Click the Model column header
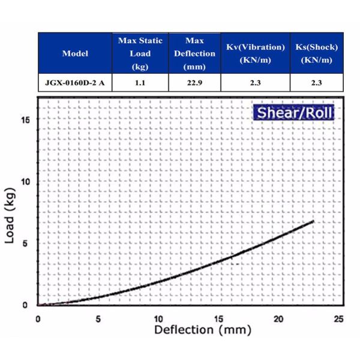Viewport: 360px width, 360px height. [75, 53]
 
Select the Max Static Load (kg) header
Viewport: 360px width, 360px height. [140, 53]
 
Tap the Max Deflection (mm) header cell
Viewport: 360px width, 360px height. [194, 53]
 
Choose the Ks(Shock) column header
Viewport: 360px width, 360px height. [317, 53]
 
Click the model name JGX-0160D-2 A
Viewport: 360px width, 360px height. [75, 83]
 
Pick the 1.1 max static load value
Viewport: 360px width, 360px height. [140, 83]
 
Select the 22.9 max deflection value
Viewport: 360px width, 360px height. [194, 83]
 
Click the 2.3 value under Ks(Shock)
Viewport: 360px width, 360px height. [317, 83]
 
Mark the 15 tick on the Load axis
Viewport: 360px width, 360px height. [25, 119]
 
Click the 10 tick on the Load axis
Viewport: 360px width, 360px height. [25, 181]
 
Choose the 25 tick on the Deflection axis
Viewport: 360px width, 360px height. [339, 318]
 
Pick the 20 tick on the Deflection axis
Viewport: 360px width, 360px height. [279, 318]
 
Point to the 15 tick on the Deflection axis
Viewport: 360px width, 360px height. [219, 318]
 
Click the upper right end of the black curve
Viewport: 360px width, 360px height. [313, 221]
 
